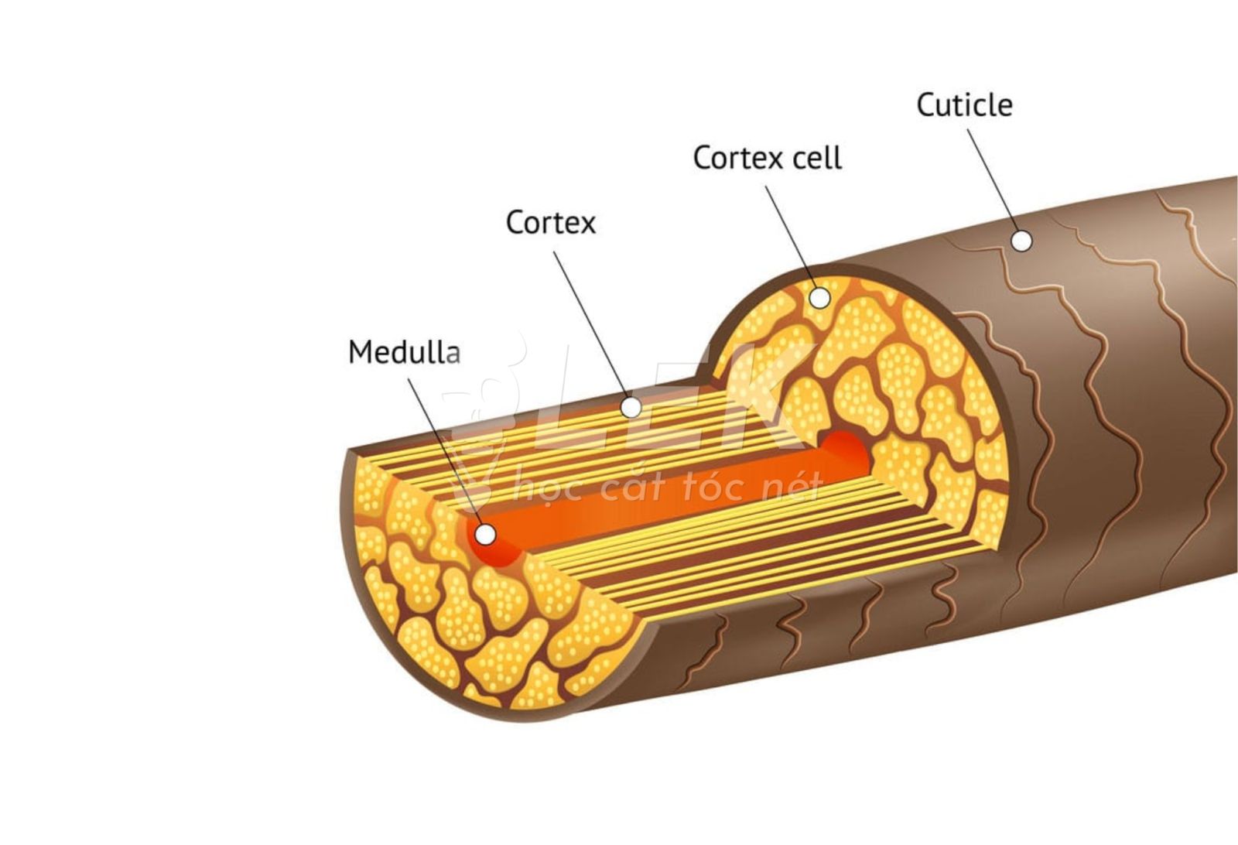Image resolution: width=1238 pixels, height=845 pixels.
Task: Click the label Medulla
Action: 404,352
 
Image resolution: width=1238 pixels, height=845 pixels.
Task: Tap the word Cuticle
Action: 964,105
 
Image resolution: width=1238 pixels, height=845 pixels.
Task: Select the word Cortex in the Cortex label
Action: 550,223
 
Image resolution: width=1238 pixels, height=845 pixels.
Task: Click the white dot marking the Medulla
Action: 485,534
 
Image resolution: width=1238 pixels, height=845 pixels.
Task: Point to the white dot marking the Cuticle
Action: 1022,241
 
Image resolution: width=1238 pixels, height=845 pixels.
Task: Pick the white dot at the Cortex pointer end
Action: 631,406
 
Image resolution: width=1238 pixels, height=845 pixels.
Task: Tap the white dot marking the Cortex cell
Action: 819,297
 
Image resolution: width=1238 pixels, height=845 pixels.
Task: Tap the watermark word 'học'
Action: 542,489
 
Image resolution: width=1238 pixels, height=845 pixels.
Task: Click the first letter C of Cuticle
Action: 925,105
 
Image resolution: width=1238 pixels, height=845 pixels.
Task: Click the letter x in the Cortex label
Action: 587,224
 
